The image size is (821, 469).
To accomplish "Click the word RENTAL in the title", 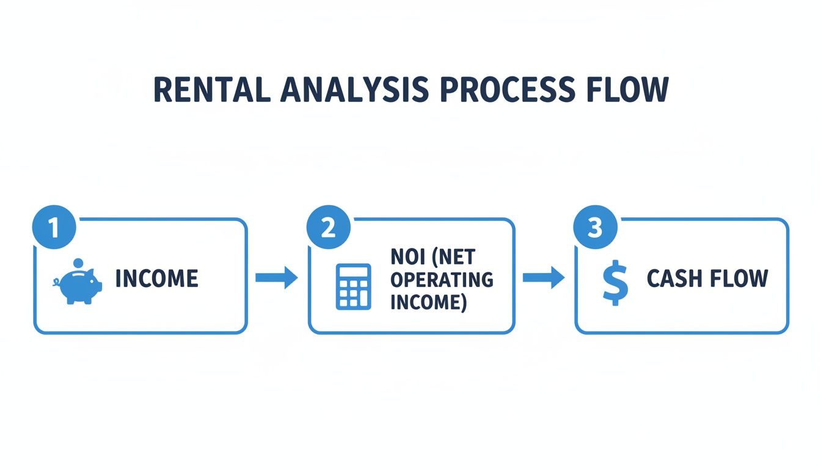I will pyautogui.click(x=211, y=89).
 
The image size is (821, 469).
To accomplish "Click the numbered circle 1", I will pyautogui.click(x=54, y=228).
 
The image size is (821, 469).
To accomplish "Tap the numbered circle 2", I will pyautogui.click(x=328, y=228).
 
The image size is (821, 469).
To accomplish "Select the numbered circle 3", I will pyautogui.click(x=595, y=228).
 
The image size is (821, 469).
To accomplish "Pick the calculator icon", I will pyautogui.click(x=354, y=286).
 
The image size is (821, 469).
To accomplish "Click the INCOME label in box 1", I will pyautogui.click(x=157, y=279).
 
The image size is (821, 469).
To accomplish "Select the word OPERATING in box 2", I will pyautogui.click(x=442, y=280).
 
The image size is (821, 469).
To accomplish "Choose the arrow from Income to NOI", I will pyautogui.click(x=276, y=278).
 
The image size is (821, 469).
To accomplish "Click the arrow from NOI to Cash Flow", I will pyautogui.click(x=544, y=278).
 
